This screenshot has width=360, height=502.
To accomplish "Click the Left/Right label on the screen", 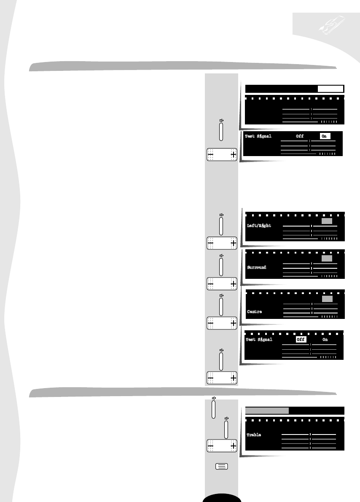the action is (x=259, y=226).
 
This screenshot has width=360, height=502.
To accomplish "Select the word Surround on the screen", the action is (x=257, y=267).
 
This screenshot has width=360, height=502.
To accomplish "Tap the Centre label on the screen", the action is (x=255, y=312).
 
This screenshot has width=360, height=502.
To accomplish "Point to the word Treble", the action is (x=254, y=435).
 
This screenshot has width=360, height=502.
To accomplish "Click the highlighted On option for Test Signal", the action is (x=324, y=136).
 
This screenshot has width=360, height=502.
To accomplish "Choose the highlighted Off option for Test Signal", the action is (x=300, y=340).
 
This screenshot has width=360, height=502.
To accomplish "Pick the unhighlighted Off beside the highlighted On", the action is (x=300, y=136).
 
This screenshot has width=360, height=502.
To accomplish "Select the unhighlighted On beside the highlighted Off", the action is (x=325, y=340).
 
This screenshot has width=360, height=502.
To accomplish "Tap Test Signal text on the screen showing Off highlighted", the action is (x=259, y=340).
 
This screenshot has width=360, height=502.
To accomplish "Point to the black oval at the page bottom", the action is (x=222, y=498).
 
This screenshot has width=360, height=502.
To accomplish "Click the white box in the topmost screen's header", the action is (x=330, y=89).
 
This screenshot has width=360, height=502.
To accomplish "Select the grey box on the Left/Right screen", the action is (x=327, y=221).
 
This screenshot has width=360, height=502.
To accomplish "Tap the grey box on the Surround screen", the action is (x=327, y=258).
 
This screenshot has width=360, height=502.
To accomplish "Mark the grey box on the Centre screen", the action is (x=327, y=299).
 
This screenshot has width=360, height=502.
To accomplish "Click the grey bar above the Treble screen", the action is (x=267, y=410).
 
